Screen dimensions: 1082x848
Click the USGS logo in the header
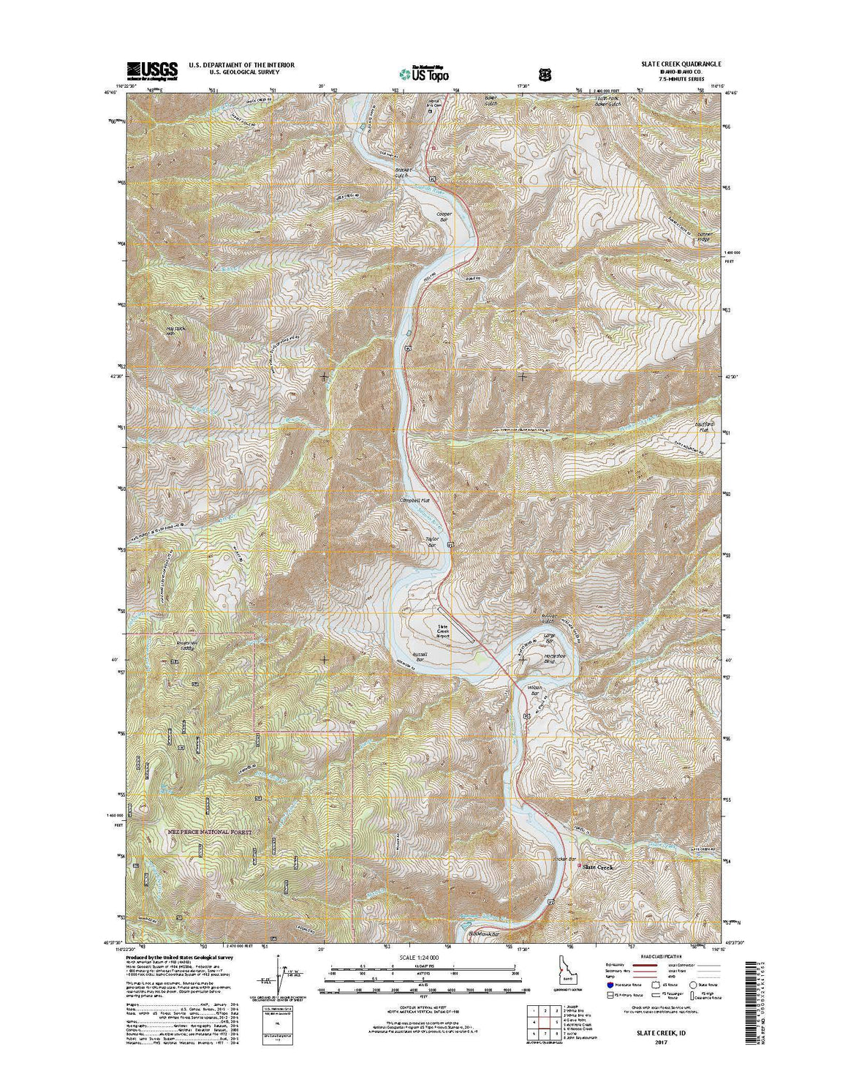pyautogui.click(x=152, y=70)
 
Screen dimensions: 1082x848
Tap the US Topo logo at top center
pyautogui.click(x=424, y=73)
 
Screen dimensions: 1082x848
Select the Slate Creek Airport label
pyautogui.click(x=444, y=631)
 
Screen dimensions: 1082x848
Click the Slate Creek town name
pyautogui.click(x=598, y=867)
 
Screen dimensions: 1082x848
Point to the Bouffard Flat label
pyautogui.click(x=703, y=426)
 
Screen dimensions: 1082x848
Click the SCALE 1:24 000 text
pyautogui.click(x=423, y=957)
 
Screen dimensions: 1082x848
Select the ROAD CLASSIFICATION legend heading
pyautogui.click(x=662, y=956)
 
